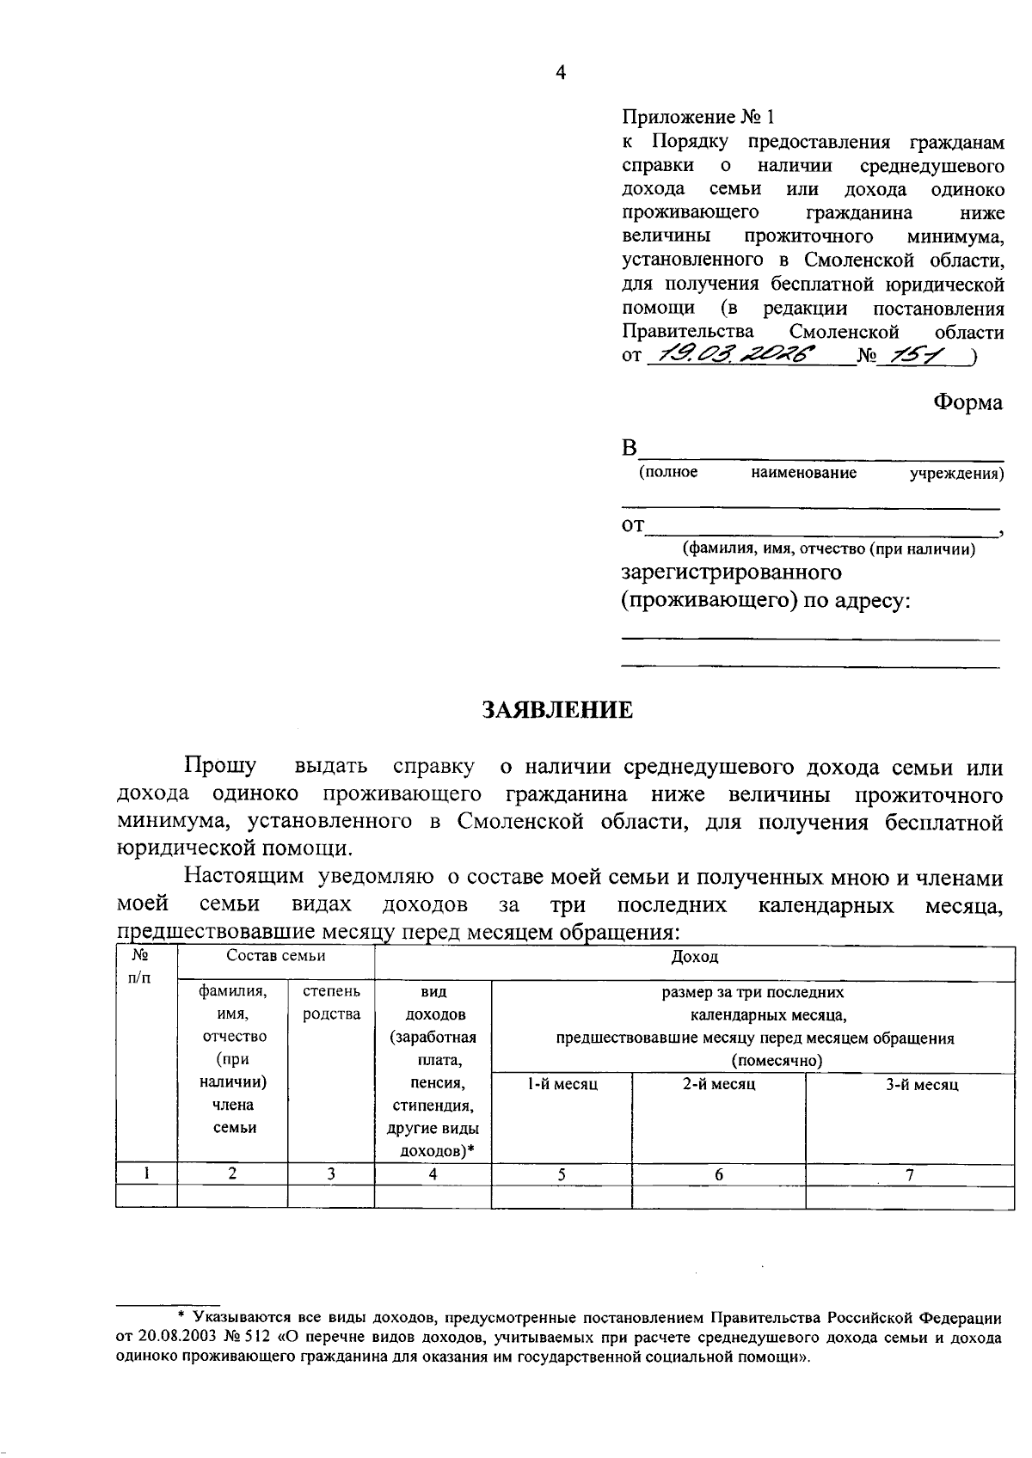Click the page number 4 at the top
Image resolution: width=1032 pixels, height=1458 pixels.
click(x=561, y=74)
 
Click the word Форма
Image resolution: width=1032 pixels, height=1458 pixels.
click(x=968, y=403)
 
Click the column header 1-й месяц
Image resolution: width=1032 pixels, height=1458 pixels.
click(x=562, y=1085)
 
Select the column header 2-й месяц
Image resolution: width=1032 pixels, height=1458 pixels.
click(x=719, y=1085)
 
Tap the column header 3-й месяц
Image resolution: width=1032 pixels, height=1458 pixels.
click(x=922, y=1085)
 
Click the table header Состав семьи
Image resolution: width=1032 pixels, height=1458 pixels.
click(x=275, y=956)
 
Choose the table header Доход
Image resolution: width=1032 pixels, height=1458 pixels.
click(x=694, y=956)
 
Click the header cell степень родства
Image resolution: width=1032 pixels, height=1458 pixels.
click(x=331, y=1003)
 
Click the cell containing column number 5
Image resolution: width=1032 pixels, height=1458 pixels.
click(x=561, y=1175)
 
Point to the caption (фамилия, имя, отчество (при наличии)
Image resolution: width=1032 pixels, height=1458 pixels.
click(x=828, y=549)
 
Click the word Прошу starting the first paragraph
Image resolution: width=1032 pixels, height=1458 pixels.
click(x=219, y=766)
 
